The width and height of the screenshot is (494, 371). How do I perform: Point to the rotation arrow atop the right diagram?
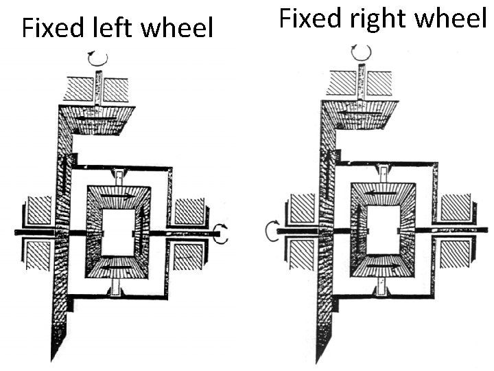pos(362,52)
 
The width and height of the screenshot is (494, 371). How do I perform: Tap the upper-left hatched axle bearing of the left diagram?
pos(38,211)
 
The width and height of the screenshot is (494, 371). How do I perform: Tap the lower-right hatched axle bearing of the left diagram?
pos(189,257)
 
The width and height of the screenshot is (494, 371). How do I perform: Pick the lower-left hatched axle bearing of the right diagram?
pos(303,254)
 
